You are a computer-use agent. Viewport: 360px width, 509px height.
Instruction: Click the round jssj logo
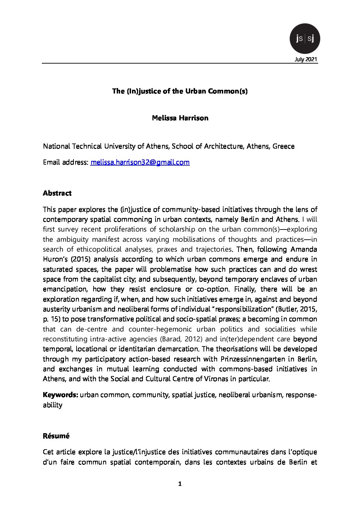[x=305, y=38]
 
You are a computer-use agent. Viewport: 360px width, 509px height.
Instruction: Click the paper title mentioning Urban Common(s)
[x=180, y=91]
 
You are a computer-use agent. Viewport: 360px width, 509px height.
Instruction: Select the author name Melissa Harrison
[x=180, y=118]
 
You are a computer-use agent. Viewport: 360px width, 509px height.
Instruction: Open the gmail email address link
[x=140, y=162]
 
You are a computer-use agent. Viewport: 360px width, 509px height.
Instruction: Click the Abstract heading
[x=57, y=193]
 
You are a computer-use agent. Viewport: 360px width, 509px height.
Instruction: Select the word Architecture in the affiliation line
[x=219, y=146]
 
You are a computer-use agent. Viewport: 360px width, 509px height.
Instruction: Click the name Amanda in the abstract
[x=304, y=249]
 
